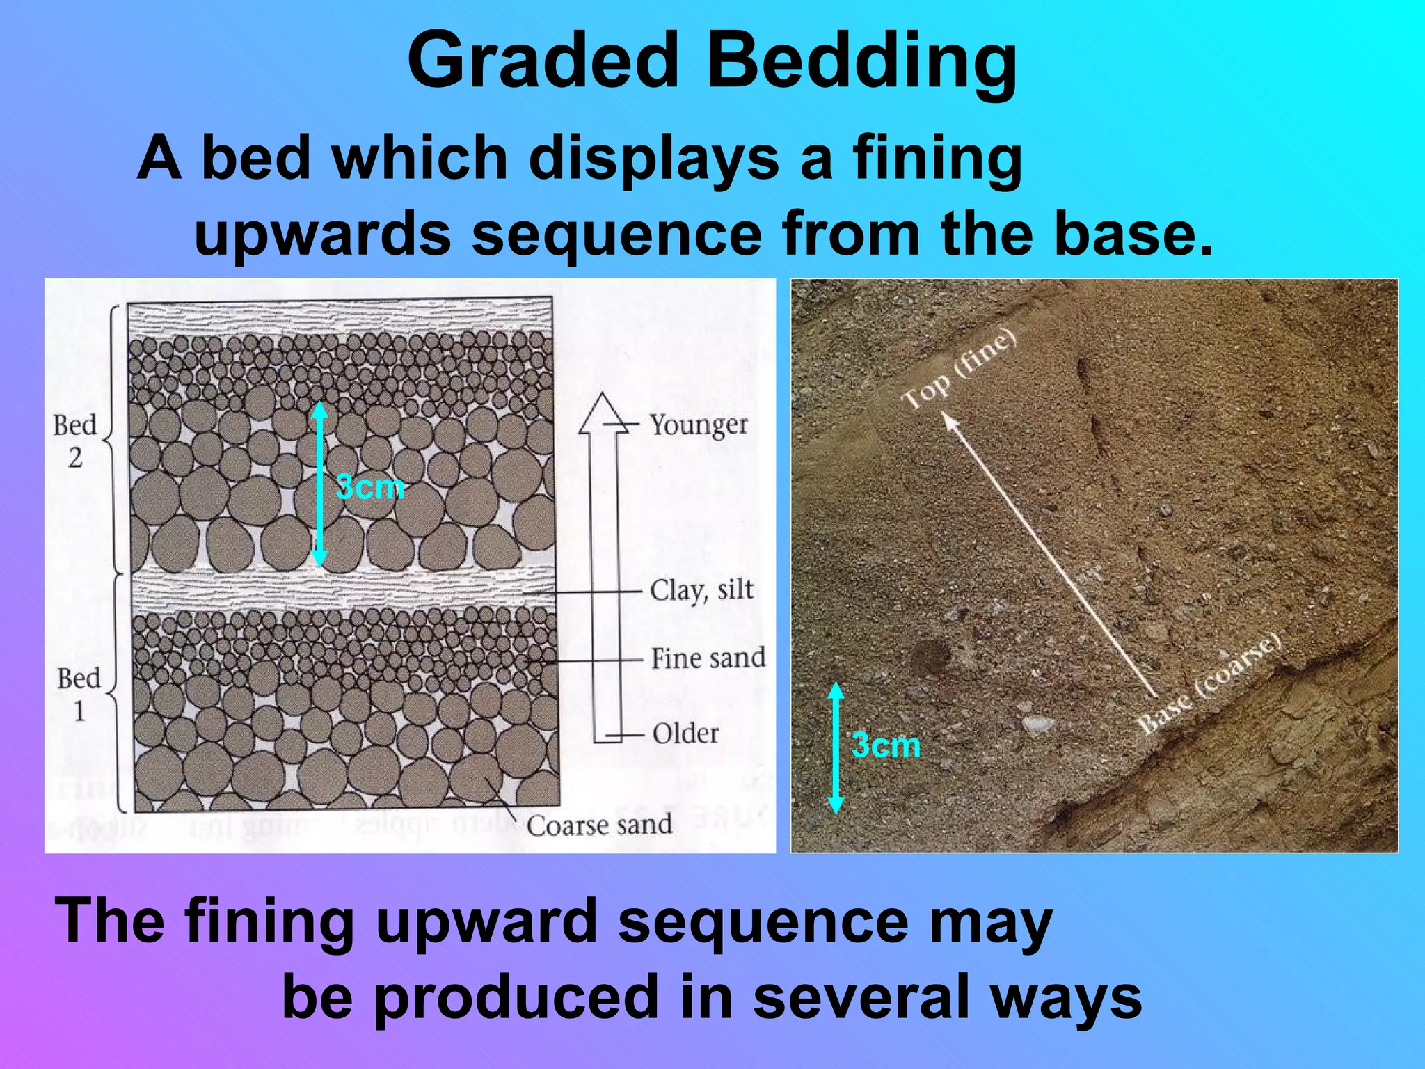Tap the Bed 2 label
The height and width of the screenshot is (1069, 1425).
point(75,441)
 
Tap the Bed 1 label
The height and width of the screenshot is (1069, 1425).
point(79,694)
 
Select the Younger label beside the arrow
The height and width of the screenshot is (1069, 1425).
point(699,425)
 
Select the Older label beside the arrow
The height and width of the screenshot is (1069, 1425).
point(685,734)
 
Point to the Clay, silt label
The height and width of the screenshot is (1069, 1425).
point(701,590)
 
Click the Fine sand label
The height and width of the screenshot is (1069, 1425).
point(708,658)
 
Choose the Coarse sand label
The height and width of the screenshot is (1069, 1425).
point(599,825)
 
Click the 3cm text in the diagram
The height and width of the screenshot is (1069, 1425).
point(370,487)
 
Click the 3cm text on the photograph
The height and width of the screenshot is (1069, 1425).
point(886,745)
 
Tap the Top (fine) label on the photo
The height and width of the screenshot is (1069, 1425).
point(959,369)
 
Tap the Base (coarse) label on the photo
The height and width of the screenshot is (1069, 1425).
point(1209,683)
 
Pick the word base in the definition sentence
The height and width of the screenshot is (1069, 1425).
point(1133,234)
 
